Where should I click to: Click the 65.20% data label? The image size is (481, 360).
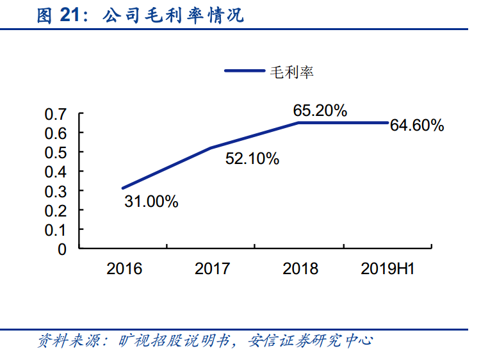click(x=320, y=110)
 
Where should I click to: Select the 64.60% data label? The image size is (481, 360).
click(x=417, y=126)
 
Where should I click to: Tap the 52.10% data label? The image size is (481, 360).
click(x=252, y=159)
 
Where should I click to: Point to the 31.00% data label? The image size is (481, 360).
click(x=151, y=202)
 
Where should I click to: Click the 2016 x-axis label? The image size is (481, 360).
click(x=124, y=269)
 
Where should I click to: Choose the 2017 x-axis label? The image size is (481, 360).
click(x=212, y=269)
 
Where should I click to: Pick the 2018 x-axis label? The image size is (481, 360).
click(x=300, y=269)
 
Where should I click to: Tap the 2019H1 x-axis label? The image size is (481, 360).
click(x=387, y=269)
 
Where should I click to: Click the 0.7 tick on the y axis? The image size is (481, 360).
click(x=56, y=115)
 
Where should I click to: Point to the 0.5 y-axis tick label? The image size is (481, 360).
click(x=56, y=153)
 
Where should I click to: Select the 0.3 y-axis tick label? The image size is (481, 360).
click(x=56, y=192)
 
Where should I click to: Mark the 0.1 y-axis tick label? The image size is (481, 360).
click(x=56, y=230)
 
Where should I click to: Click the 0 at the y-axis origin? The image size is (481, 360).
click(x=62, y=250)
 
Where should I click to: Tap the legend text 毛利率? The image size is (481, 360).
click(x=291, y=72)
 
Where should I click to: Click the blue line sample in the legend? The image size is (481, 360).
click(x=245, y=70)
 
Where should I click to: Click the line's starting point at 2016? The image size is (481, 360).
click(x=123, y=188)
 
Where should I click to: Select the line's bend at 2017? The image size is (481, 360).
click(x=211, y=148)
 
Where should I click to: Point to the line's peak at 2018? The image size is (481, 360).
click(x=298, y=123)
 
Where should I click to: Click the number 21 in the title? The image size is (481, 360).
click(x=70, y=15)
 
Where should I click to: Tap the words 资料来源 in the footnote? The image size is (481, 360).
click(x=69, y=340)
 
